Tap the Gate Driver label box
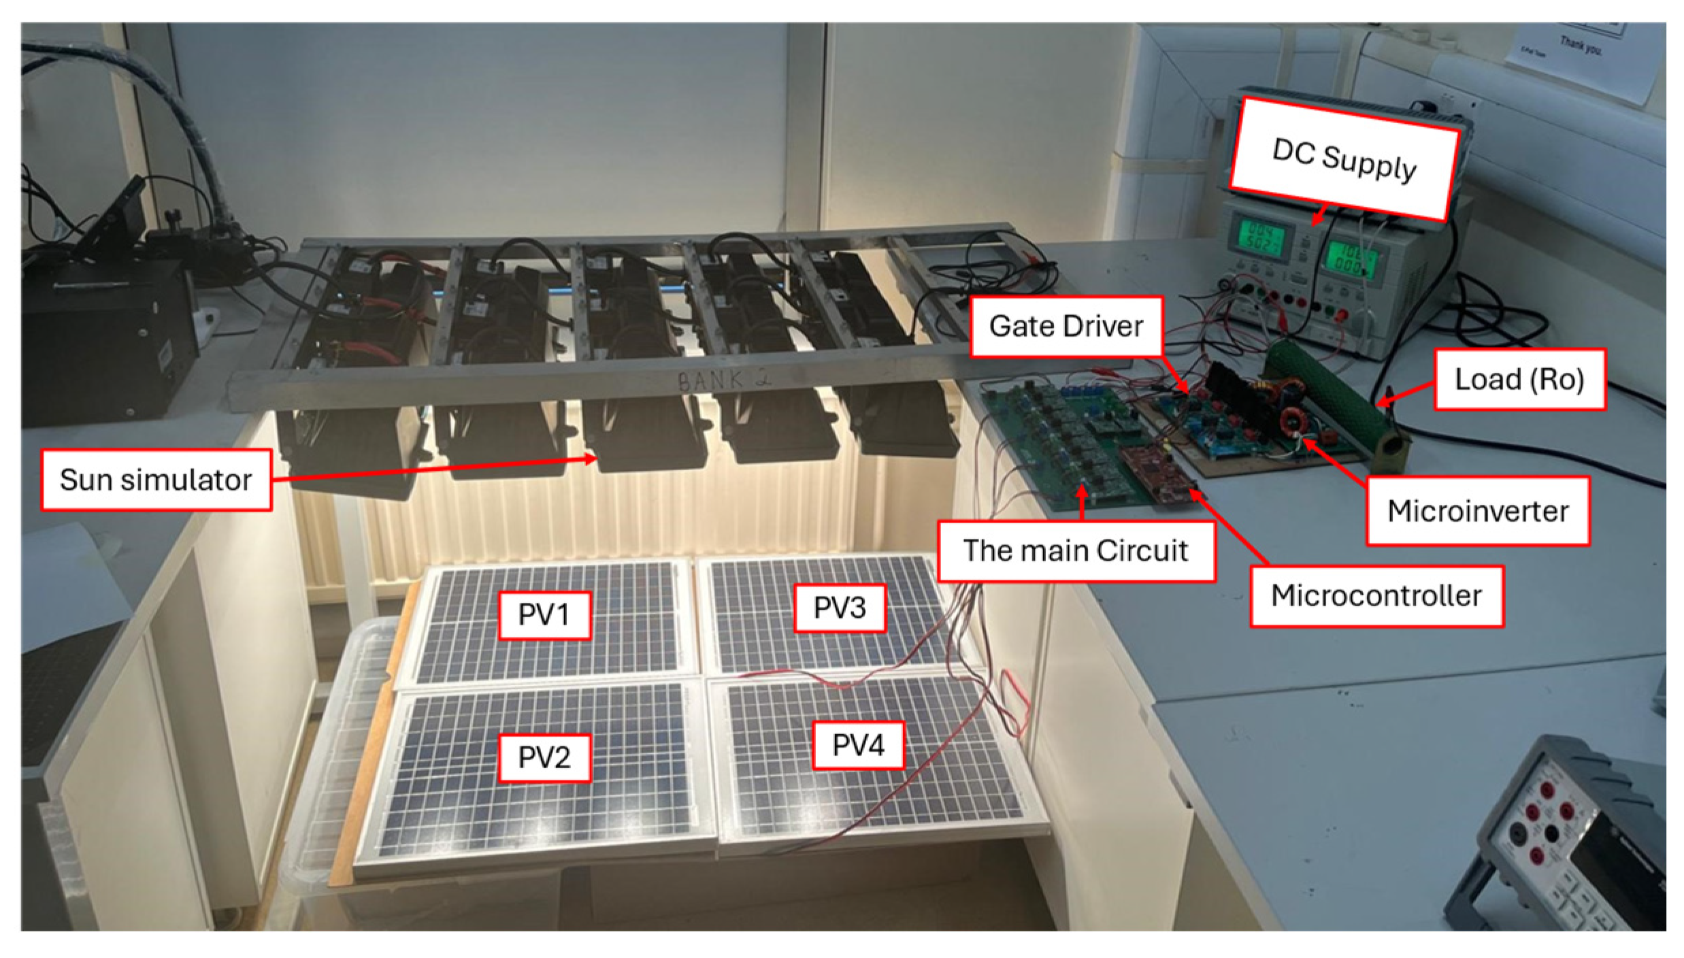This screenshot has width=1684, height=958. [1066, 327]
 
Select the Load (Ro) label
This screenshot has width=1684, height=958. [1519, 379]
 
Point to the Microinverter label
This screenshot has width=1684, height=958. [1477, 511]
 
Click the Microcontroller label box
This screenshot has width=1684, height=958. [1376, 596]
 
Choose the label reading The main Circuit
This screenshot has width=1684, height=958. [1076, 550]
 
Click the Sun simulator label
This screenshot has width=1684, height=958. [156, 480]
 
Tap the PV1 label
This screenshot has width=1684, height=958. [544, 614]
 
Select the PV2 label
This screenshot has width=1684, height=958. [544, 757]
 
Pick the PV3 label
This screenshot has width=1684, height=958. [840, 608]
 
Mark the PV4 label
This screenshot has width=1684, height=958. [858, 745]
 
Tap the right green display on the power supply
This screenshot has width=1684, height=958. [1351, 261]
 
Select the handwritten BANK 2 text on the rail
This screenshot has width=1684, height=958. [724, 378]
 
